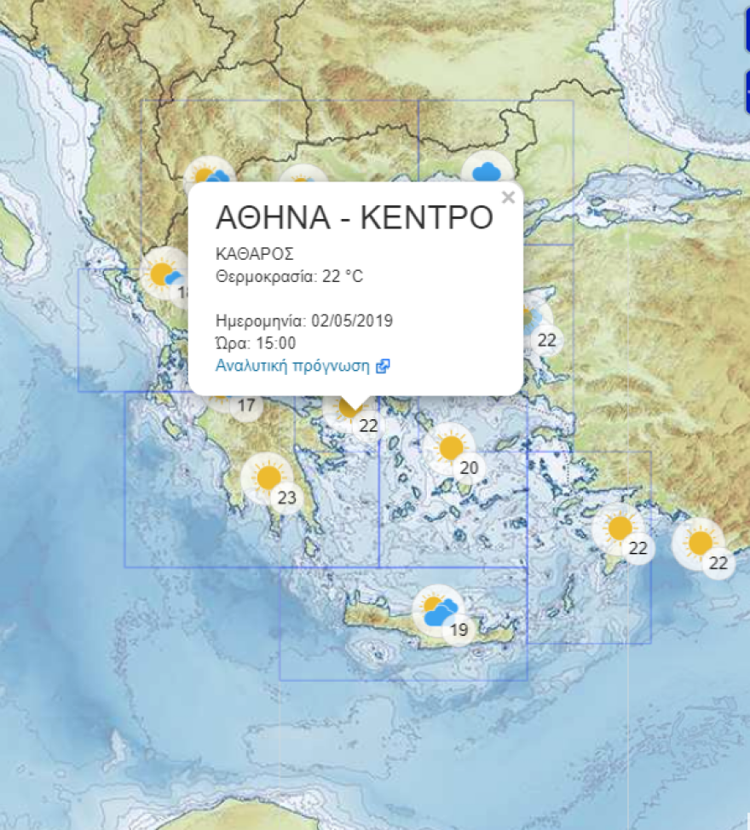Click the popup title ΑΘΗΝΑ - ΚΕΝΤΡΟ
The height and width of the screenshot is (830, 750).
coord(355,217)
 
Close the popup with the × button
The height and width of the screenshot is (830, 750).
coord(509,198)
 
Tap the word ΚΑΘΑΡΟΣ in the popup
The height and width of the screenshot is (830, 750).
coord(255,254)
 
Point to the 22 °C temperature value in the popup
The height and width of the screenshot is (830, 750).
coord(343,276)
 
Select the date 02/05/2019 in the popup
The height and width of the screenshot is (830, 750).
coord(352,321)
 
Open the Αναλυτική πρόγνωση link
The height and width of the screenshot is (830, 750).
coord(292,366)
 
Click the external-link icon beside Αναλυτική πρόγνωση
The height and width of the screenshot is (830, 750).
coord(384,366)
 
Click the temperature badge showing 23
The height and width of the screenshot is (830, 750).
coord(287,499)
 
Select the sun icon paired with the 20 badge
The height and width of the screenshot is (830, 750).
coord(450,447)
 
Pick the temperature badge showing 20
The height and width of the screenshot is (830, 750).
coord(470,468)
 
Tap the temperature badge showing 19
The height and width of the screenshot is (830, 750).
coord(459,631)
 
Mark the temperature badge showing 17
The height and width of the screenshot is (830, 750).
coord(246,406)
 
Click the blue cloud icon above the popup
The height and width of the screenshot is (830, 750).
coord(487,171)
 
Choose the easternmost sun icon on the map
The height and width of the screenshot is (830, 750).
coord(700,543)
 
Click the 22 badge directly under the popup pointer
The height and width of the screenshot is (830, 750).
coord(369,425)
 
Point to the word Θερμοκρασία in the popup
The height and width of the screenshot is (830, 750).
coord(257,276)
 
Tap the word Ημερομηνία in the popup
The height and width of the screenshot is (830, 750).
coord(261,321)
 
